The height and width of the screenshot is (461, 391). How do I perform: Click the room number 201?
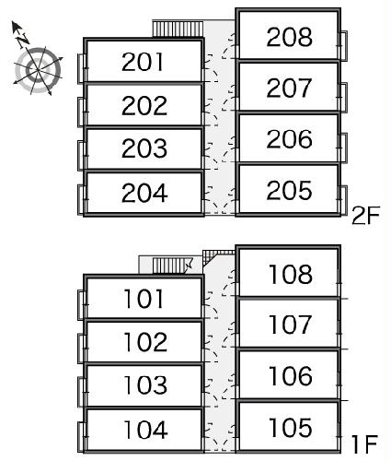click(x=143, y=62)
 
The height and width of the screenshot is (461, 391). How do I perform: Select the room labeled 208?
click(x=290, y=37)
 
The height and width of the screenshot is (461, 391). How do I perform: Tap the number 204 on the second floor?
click(x=144, y=193)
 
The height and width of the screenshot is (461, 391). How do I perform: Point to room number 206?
click(x=290, y=139)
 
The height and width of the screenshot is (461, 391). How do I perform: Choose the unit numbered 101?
click(x=144, y=299)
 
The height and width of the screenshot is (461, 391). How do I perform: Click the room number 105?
click(x=291, y=428)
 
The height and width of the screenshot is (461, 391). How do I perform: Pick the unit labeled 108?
click(x=291, y=274)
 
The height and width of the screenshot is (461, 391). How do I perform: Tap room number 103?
click(x=145, y=384)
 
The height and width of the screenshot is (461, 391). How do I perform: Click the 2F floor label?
click(x=365, y=216)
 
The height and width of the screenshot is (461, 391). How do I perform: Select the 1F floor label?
click(x=365, y=444)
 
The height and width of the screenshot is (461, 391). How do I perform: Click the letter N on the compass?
click(x=22, y=39)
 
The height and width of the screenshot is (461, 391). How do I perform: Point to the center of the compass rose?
click(x=38, y=70)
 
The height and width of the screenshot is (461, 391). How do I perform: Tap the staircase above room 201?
click(x=178, y=29)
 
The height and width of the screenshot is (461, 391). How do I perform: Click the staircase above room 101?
click(x=172, y=266)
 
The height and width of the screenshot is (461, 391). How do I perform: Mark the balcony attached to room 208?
click(x=343, y=45)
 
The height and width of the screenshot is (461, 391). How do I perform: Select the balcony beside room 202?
click(x=81, y=112)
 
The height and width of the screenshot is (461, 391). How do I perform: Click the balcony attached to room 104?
click(x=81, y=437)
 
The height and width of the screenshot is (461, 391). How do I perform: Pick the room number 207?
click(x=289, y=88)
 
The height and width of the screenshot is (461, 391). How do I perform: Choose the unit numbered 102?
click(x=145, y=342)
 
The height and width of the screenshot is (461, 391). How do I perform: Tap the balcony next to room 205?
click(x=343, y=200)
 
